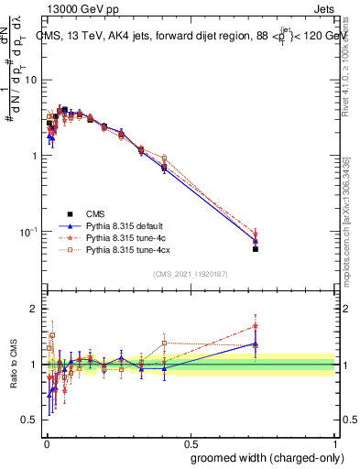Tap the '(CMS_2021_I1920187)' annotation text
[x=189, y=273]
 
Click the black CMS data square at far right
[x=256, y=248]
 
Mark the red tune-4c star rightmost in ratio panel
[x=256, y=325]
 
